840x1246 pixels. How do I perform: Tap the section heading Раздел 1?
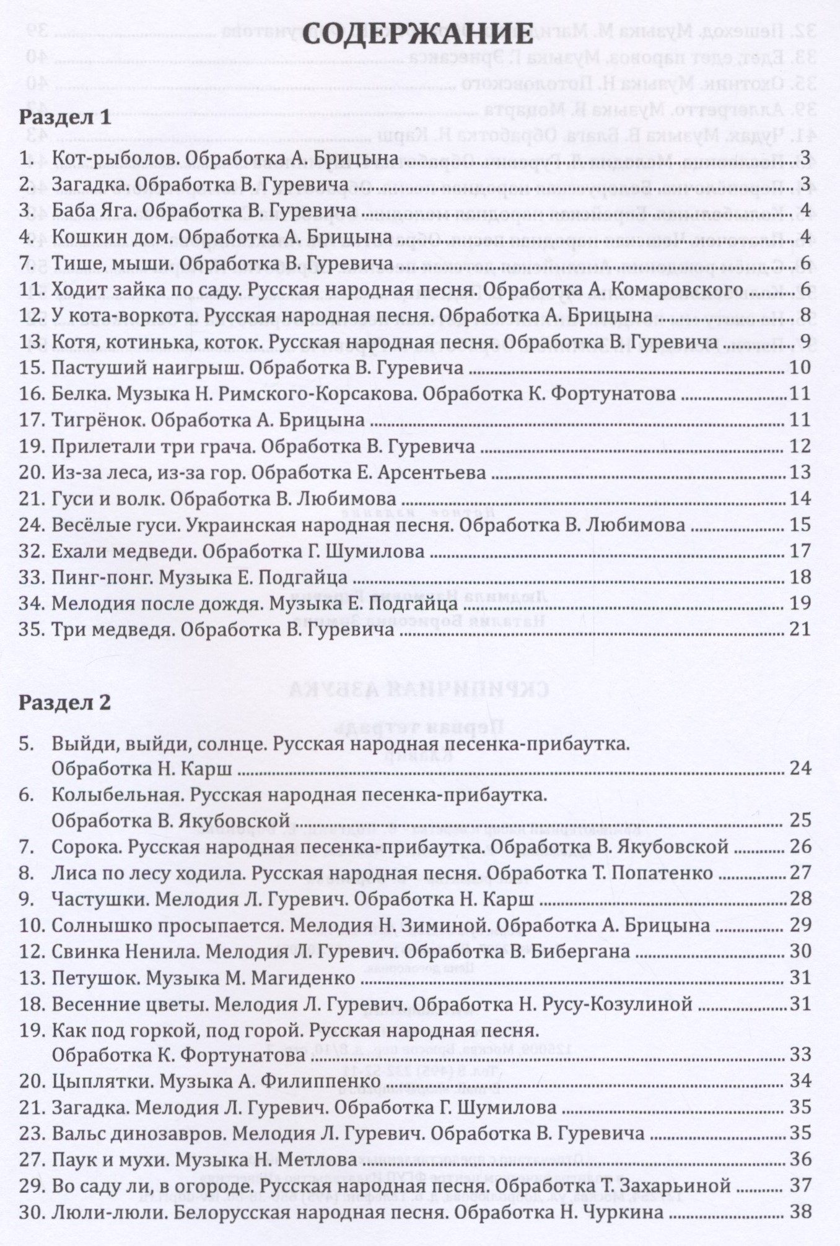click(65, 117)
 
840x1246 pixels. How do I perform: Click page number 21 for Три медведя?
click(800, 629)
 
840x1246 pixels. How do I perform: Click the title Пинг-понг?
click(102, 578)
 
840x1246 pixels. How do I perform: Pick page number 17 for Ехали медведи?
click(800, 551)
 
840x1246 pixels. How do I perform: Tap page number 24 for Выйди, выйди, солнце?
click(800, 769)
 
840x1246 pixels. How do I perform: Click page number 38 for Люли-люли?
click(800, 1212)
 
